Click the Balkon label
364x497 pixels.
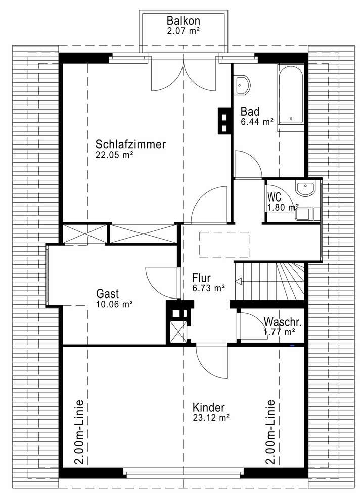coord(184,21)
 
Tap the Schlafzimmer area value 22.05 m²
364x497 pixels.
coord(114,156)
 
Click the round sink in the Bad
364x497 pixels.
coord(243,86)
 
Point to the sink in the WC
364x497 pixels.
coord(305,189)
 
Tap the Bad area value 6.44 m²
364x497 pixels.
coord(257,121)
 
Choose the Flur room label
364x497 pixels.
coord(201,278)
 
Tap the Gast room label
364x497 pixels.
coord(107,293)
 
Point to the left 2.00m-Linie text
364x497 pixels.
coord(79,432)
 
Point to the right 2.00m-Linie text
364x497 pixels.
coord(270,432)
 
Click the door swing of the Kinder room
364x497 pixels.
coord(210,361)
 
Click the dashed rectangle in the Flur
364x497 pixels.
coord(224,244)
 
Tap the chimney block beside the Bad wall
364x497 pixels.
coord(223,121)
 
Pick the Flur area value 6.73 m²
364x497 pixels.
coord(208,288)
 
